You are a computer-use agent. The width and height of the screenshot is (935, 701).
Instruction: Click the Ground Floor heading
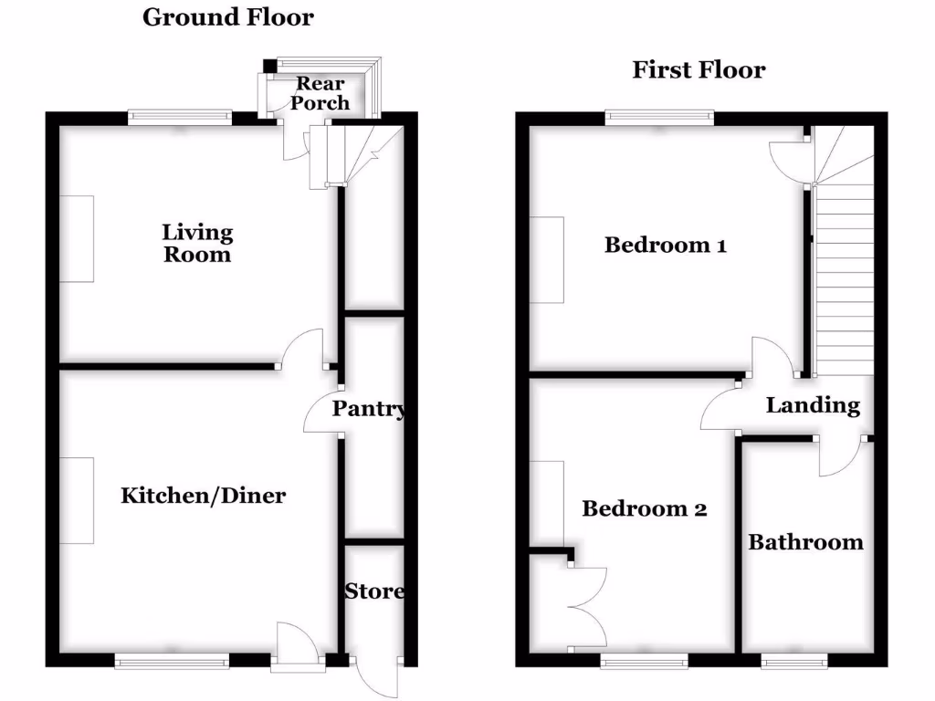tap(227, 16)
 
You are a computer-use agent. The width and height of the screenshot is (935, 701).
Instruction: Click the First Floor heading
tap(699, 69)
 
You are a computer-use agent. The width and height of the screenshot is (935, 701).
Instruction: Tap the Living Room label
tap(197, 244)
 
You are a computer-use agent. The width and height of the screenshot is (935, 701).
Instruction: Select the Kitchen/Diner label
tap(204, 496)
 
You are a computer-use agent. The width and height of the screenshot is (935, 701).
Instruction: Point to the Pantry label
tap(369, 409)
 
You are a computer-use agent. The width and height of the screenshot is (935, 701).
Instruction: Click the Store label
tap(374, 591)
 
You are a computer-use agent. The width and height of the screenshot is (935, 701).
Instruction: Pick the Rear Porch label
tap(319, 93)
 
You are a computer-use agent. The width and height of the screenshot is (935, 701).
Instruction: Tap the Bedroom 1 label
tap(666, 245)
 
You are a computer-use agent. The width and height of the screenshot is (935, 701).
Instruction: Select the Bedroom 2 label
tap(645, 508)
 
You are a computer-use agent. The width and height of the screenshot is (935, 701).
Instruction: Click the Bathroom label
tap(805, 542)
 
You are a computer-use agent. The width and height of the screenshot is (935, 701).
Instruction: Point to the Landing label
tap(813, 405)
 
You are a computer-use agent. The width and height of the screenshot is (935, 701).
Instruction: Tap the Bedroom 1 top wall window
tap(659, 116)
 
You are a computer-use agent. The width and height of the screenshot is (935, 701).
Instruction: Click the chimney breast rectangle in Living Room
tap(77, 238)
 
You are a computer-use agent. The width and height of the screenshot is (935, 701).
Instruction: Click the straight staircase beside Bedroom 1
tap(844, 274)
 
